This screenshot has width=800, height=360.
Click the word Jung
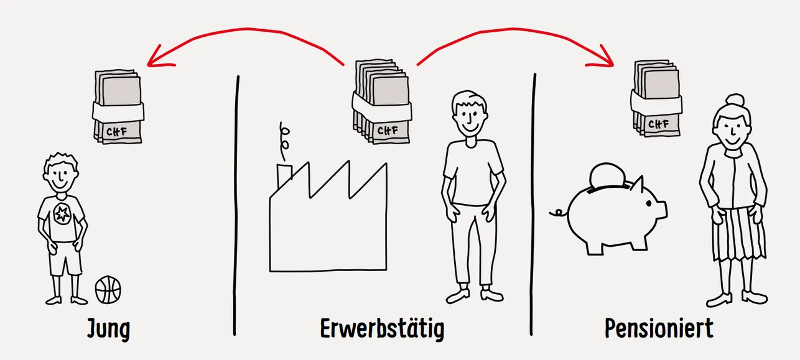coord(109,329)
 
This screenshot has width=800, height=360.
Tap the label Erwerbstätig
coord(382,329)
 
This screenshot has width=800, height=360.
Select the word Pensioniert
coord(659,328)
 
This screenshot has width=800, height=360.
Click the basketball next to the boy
coord(108,289)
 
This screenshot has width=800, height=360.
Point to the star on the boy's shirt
coord(62,214)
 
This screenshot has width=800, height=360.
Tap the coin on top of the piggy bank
coord(607,175)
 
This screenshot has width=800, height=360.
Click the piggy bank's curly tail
coord(558,213)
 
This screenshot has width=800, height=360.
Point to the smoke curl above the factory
coord(284,141)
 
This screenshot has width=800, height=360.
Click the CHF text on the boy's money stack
coord(116,132)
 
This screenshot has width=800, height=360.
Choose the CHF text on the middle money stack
coord(388,131)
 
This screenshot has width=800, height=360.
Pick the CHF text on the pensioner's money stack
coord(658,124)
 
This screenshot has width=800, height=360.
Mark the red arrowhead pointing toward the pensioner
coord(604,58)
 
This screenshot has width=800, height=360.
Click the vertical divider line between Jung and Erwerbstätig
coord(236,205)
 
